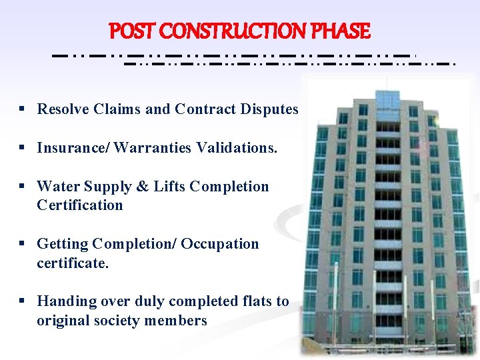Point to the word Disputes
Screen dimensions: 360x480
[269, 109]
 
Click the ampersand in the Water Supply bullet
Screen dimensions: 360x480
[143, 186]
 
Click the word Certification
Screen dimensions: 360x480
[80, 205]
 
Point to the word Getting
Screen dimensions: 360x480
[63, 244]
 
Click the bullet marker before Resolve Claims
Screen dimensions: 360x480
[23, 109]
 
